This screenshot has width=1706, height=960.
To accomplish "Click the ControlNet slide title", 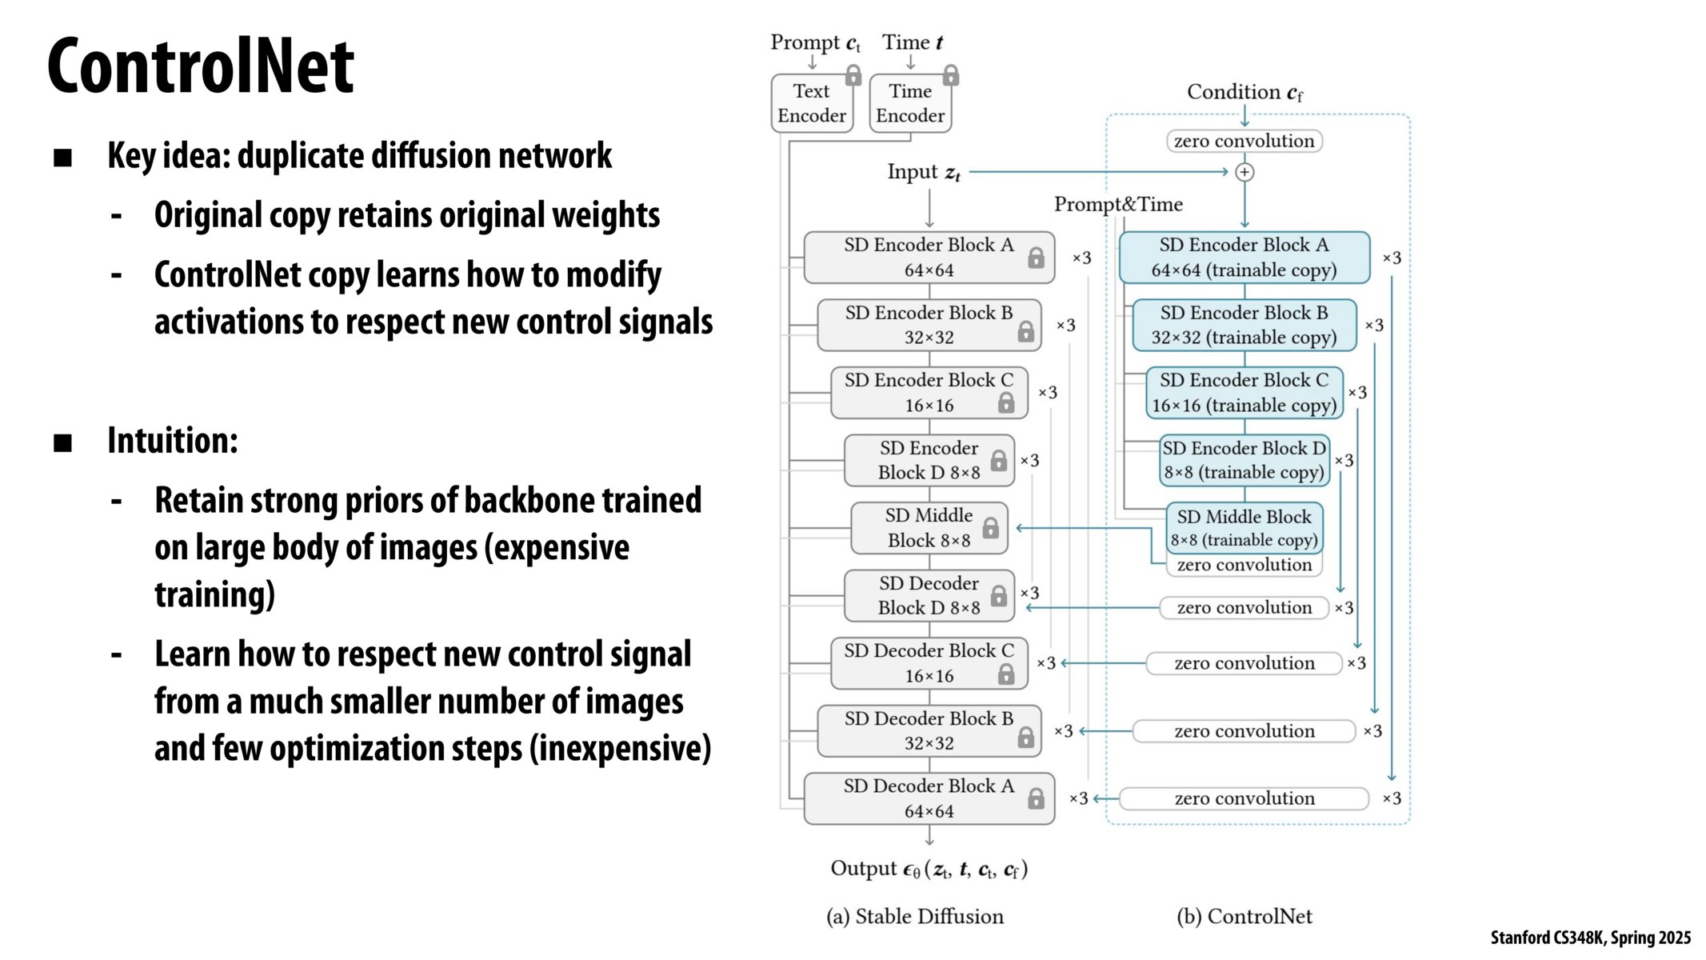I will [x=200, y=67].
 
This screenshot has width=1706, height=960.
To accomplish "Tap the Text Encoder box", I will [x=811, y=103].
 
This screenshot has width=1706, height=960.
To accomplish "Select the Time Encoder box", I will [x=909, y=103].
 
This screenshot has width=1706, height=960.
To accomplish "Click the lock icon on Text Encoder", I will [x=853, y=76].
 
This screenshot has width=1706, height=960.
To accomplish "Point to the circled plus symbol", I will [x=1245, y=172].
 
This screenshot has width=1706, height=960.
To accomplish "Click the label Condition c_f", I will [x=1245, y=93].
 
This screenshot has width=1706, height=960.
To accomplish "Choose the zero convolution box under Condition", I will [x=1244, y=142].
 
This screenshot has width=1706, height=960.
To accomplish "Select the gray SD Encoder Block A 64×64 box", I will [x=928, y=258].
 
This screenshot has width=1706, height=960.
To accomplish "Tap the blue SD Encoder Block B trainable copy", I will [x=1244, y=325].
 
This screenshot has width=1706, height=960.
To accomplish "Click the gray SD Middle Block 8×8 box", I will [x=928, y=528].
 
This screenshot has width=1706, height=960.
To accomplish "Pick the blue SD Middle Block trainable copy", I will [x=1244, y=527].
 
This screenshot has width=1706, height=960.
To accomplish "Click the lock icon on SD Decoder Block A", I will [x=1036, y=798].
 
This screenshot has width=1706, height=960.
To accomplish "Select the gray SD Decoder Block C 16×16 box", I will [x=928, y=663].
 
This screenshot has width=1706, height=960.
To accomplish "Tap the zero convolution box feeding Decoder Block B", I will [x=1244, y=731].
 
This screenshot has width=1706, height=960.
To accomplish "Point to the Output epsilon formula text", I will [x=929, y=869].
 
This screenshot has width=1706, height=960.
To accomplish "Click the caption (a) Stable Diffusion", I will [x=914, y=917].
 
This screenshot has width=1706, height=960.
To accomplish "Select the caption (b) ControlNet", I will [x=1244, y=917].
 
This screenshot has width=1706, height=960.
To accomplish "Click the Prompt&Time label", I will [x=1117, y=205].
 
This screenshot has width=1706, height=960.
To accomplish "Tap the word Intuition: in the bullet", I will [x=173, y=441].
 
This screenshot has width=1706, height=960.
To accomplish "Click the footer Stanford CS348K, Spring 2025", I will [x=1590, y=938].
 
